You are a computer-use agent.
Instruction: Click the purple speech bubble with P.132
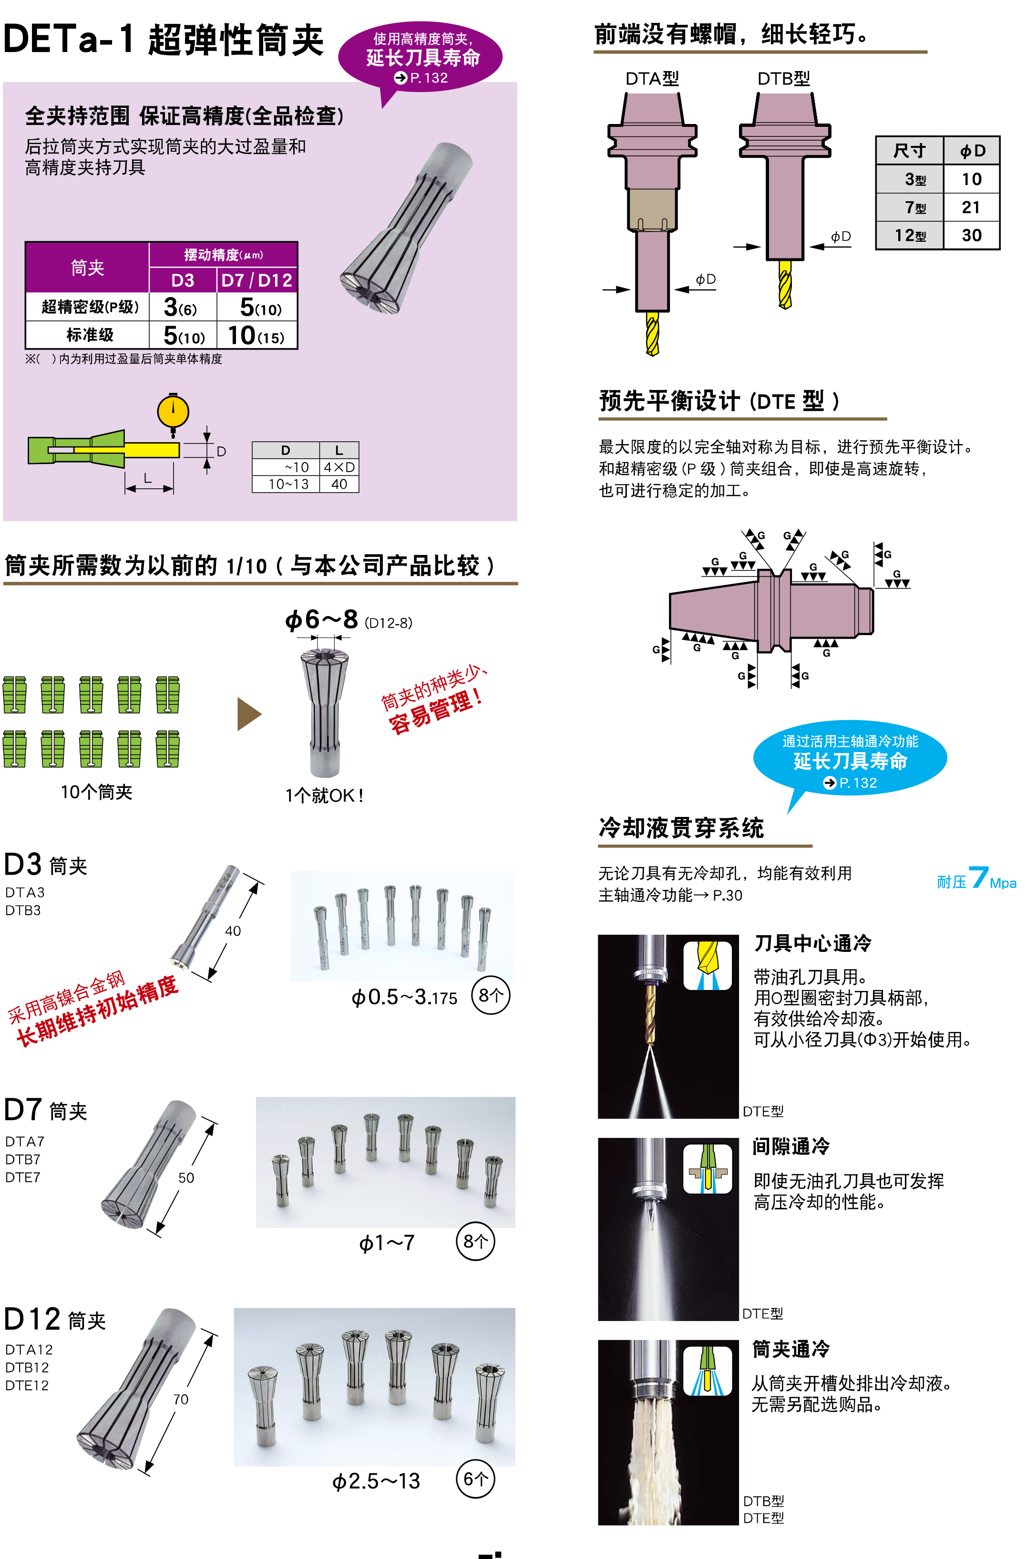coord(420,58)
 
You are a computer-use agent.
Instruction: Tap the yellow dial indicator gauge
coord(173,412)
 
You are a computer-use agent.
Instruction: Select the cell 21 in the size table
coord(971,207)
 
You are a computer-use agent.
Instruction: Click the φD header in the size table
coord(972,151)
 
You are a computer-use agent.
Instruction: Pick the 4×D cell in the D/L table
coord(339,467)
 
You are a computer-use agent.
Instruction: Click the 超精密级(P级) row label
coord(89,307)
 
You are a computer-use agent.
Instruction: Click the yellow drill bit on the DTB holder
coord(785,284)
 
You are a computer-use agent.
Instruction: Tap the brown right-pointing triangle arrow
coord(248,714)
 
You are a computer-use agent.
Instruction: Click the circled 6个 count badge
coord(475,1478)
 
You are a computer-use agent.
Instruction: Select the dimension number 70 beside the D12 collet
coord(180,1399)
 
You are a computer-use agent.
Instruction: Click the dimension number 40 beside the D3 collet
coord(233,930)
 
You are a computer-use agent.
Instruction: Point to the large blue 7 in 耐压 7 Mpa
coord(978,878)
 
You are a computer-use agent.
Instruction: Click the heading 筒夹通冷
coord(791,1349)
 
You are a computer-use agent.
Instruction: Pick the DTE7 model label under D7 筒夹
coord(23,1177)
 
